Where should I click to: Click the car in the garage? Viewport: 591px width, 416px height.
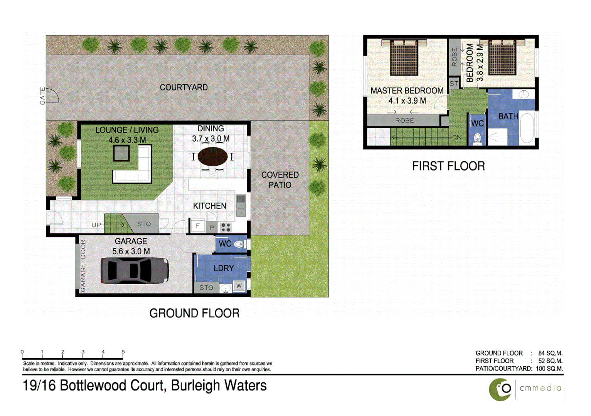tap(135, 270)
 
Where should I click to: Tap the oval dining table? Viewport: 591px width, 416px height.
tap(212, 156)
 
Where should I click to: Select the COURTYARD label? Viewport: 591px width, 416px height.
tap(184, 87)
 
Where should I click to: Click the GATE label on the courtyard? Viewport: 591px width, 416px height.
tap(42, 96)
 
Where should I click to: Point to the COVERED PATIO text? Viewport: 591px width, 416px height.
tap(280, 180)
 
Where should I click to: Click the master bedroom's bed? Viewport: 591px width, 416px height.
tap(404, 58)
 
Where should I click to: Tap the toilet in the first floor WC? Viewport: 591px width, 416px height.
tap(477, 138)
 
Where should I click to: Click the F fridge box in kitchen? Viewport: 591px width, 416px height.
tap(198, 226)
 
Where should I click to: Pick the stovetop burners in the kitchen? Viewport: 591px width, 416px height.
tap(226, 227)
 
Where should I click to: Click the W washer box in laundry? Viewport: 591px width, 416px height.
tap(239, 285)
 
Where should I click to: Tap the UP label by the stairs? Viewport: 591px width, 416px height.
tap(96, 225)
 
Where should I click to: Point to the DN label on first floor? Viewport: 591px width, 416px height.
tap(457, 137)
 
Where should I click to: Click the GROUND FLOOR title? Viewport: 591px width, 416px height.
tap(194, 313)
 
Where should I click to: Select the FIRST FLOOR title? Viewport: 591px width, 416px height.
tap(448, 166)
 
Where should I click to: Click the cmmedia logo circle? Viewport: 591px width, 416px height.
tap(500, 389)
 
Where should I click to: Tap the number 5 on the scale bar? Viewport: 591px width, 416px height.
tap(123, 352)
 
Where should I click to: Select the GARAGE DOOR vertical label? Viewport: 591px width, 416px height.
tap(83, 265)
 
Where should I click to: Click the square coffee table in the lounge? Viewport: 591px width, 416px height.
tap(121, 153)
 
